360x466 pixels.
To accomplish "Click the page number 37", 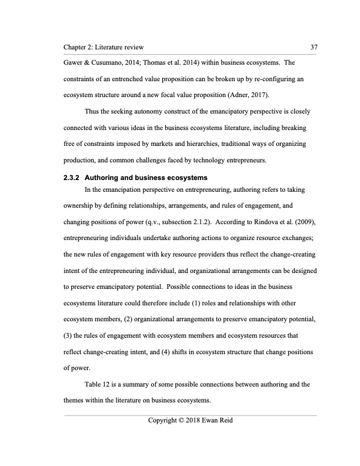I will coord(312,46).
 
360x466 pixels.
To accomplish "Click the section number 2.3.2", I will coord(73,178).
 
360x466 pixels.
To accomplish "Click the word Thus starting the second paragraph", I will coord(95,111).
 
